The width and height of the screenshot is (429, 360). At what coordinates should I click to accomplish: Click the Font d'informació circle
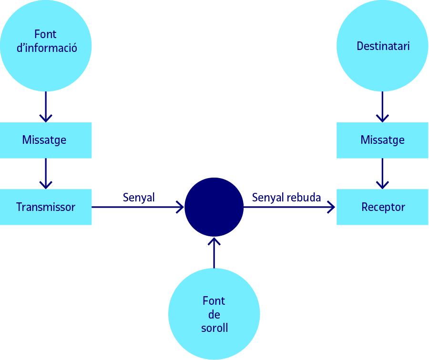pyautogui.click(x=46, y=46)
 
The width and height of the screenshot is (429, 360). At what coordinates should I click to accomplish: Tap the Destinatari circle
pyautogui.click(x=382, y=46)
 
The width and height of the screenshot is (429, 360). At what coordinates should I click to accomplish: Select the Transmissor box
pyautogui.click(x=46, y=207)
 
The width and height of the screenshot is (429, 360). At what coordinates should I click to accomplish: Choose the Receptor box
pyautogui.click(x=382, y=207)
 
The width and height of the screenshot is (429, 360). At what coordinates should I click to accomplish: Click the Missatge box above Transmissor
pyautogui.click(x=46, y=140)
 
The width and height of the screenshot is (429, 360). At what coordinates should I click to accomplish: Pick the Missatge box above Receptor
pyautogui.click(x=382, y=140)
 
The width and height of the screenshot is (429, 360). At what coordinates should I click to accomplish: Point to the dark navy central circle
pyautogui.click(x=214, y=207)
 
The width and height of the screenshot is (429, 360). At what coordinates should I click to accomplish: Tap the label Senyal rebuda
pyautogui.click(x=286, y=197)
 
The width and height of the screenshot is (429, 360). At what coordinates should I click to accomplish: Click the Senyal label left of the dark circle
pyautogui.click(x=139, y=197)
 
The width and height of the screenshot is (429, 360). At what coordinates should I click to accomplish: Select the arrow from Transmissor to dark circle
pyautogui.click(x=138, y=207)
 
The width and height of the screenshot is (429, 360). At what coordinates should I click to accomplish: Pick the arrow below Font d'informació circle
pyautogui.click(x=46, y=107)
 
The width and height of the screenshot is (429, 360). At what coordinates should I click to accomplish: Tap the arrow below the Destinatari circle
pyautogui.click(x=382, y=107)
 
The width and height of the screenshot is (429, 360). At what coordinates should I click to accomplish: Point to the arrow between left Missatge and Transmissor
pyautogui.click(x=46, y=174)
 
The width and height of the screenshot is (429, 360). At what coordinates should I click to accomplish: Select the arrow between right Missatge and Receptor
pyautogui.click(x=382, y=174)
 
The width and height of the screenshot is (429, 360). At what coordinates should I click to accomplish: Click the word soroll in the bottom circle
pyautogui.click(x=214, y=328)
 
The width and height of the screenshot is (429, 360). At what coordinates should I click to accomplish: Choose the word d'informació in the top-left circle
pyautogui.click(x=47, y=48)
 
